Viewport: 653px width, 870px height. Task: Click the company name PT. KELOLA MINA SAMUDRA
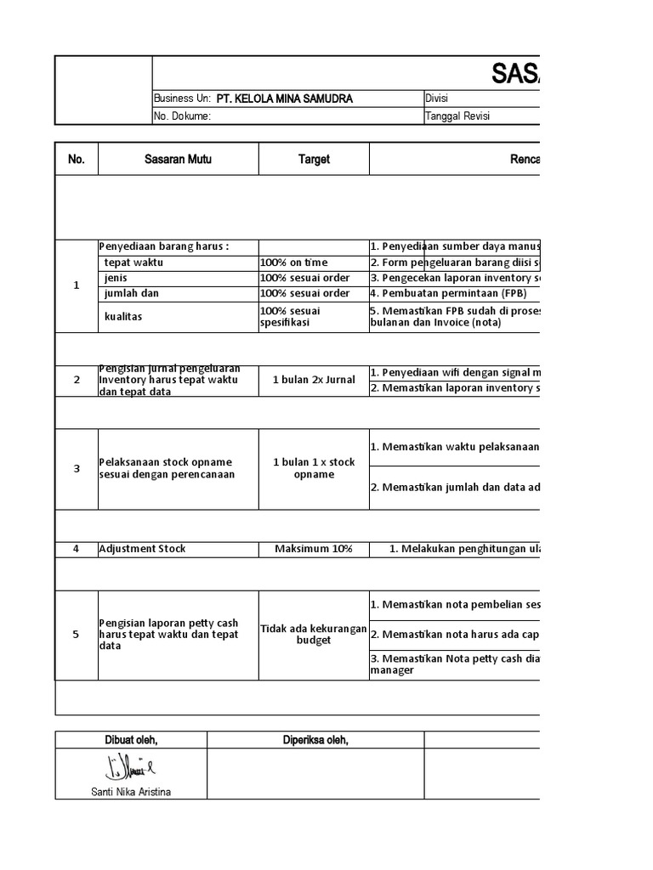(x=284, y=99)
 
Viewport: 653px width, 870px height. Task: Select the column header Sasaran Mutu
(x=178, y=159)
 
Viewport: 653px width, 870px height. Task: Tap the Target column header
(x=314, y=159)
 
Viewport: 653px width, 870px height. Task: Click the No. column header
(x=77, y=159)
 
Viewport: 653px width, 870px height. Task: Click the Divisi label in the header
(x=436, y=99)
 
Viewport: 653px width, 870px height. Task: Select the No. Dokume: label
(x=182, y=116)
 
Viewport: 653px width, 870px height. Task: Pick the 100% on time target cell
(x=293, y=263)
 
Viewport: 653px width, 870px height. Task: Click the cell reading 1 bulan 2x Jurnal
(x=314, y=380)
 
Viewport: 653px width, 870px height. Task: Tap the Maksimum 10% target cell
(x=314, y=549)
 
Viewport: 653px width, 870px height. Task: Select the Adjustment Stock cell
(x=142, y=549)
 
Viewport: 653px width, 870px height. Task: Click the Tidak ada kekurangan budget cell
(x=314, y=634)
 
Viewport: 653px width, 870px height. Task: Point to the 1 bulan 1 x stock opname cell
(x=314, y=468)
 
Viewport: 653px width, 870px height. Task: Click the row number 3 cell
(x=77, y=468)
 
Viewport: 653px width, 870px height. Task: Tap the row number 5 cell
(x=77, y=634)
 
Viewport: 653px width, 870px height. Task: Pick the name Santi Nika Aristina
(x=130, y=792)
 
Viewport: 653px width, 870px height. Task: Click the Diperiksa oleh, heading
(x=315, y=740)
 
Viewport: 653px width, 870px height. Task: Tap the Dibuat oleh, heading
(x=130, y=740)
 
